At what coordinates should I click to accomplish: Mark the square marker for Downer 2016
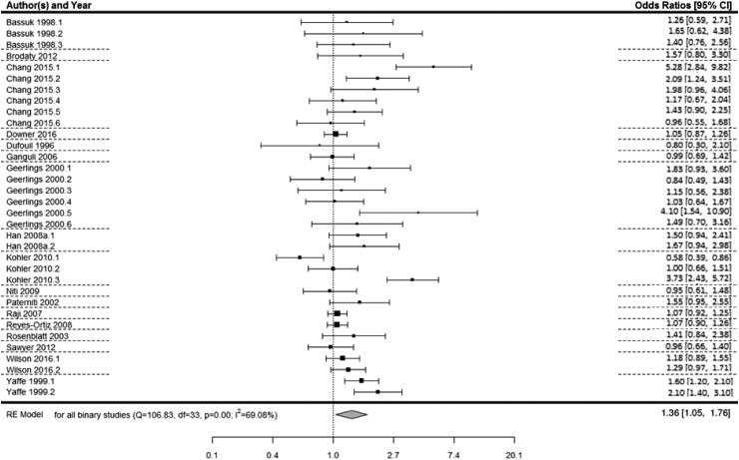click(x=336, y=134)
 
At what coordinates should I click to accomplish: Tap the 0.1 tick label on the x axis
click(x=212, y=453)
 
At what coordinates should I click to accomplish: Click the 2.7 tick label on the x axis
click(x=393, y=453)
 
